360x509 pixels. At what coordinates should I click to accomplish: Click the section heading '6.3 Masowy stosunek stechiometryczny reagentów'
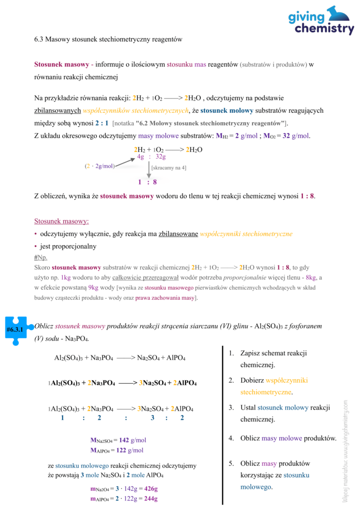pyautogui.click(x=108, y=39)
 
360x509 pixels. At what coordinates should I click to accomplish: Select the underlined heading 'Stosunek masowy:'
pyautogui.click(x=61, y=221)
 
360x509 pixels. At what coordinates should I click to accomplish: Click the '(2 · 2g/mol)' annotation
pyautogui.click(x=99, y=167)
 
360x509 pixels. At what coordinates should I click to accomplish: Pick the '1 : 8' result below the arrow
pyautogui.click(x=148, y=182)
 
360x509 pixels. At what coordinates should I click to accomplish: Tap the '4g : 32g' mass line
pyautogui.click(x=151, y=157)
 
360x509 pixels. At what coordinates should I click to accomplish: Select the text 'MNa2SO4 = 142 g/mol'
pyautogui.click(x=118, y=440)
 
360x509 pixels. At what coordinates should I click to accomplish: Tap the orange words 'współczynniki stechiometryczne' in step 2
pyautogui.click(x=273, y=386)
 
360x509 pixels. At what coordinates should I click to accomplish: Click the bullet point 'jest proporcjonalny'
pyautogui.click(x=68, y=246)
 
